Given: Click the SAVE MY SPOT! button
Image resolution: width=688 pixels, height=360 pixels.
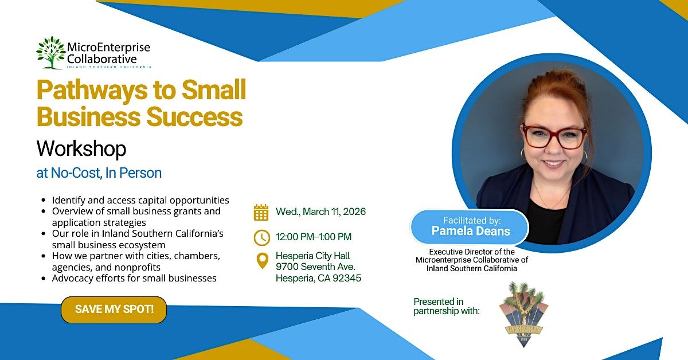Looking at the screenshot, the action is click(114, 310).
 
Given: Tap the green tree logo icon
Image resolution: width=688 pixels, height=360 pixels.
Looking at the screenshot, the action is click(51, 53).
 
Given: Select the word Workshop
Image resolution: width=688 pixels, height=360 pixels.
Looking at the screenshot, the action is click(81, 148).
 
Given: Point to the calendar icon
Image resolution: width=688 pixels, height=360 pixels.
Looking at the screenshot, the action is click(261, 212).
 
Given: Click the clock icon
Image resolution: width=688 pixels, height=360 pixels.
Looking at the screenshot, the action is click(261, 237).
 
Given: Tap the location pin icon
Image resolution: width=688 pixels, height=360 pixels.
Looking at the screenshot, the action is click(263, 261).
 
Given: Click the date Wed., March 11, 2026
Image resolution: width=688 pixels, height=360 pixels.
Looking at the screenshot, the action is click(320, 212).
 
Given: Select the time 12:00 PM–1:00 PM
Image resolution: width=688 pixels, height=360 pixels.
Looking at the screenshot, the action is click(314, 237).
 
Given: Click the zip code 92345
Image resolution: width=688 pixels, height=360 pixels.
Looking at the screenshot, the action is click(347, 278).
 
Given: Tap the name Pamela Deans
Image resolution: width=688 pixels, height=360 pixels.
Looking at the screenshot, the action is click(471, 231).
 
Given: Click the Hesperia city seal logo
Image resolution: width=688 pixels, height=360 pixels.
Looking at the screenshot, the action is click(523, 315).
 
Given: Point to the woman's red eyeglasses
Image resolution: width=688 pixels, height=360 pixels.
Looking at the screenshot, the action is click(554, 137).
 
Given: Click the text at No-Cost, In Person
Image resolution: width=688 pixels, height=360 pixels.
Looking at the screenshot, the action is click(99, 173).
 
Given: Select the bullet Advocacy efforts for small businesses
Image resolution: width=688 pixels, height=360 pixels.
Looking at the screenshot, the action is click(134, 278).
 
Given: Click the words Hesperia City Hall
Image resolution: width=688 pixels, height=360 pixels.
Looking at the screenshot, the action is click(312, 256).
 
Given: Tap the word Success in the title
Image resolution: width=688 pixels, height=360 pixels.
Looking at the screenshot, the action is click(194, 117).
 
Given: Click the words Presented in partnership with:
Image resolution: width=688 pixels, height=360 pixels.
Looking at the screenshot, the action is click(446, 306).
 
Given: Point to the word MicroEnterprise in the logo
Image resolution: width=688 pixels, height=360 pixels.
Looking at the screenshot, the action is click(109, 48).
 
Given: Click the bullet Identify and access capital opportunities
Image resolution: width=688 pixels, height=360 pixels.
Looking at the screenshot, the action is click(140, 200).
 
